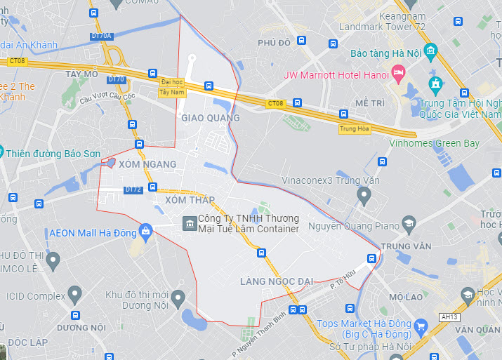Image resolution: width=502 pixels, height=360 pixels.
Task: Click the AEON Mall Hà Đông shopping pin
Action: pos(145,230)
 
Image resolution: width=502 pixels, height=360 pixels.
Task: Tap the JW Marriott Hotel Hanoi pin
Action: pos(399,72)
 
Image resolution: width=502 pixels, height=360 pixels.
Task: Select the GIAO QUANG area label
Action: pos(211,118)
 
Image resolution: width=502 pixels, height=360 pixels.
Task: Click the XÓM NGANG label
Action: pos(147,164)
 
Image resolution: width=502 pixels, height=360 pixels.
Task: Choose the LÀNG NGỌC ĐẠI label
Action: pos(276,281)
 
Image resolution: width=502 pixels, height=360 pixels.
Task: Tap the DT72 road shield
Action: pos(133,189)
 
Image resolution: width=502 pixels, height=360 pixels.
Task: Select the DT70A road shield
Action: pos(101,35)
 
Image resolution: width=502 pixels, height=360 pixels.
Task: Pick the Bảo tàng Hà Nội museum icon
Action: pos(430,52)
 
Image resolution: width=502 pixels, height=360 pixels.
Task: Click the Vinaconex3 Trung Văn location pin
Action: pos(363,196)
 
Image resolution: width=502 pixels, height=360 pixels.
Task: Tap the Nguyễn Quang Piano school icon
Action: pos(408,224)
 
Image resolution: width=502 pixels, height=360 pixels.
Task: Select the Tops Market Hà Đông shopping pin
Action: pos(421,326)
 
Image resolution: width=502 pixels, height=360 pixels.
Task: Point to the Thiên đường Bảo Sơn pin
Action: pos(1,152)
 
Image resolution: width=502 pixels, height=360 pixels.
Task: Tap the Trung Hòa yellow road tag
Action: pos(352,129)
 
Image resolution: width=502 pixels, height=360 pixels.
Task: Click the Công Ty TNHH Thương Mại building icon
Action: pos(189,223)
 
